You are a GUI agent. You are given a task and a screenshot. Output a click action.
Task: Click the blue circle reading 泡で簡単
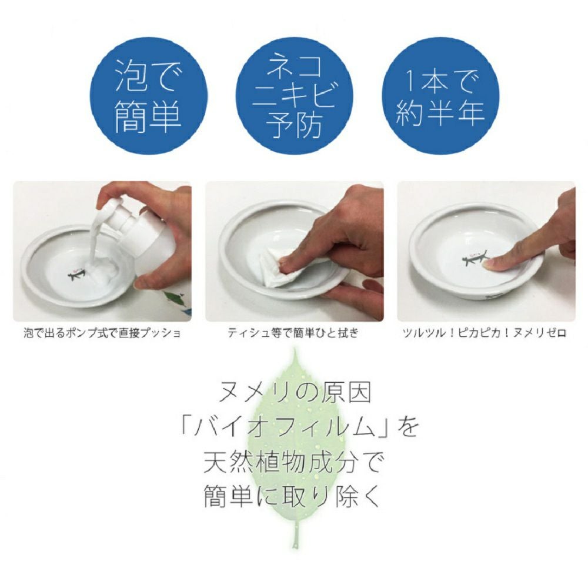pos(148,96)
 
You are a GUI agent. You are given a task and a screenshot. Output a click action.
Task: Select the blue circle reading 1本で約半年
pos(440,96)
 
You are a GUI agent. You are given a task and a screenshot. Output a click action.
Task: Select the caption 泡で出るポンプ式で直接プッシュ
pos(102,333)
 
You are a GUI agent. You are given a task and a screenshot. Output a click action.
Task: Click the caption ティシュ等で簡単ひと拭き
pos(293,333)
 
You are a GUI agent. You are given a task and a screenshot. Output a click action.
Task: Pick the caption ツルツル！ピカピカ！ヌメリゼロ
pos(484,333)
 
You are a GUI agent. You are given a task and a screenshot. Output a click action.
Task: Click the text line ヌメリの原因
pos(294,393)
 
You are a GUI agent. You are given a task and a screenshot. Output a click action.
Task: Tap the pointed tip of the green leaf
pos(295,349)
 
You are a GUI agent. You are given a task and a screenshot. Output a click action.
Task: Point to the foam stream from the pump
pos(93,240)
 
